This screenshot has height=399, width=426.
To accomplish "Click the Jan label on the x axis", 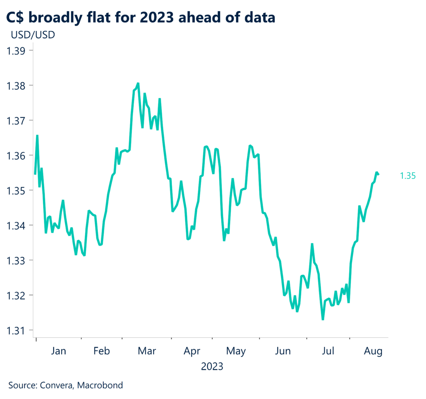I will click(58, 351).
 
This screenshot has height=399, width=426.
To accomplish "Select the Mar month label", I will click(146, 351).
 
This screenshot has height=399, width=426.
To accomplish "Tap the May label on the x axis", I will click(236, 351).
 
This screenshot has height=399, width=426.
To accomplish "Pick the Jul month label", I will click(329, 351).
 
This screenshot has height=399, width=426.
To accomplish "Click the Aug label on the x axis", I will click(373, 351).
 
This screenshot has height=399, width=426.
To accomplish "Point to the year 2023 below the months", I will click(212, 367).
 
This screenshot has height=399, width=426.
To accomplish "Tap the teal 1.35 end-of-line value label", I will click(408, 176).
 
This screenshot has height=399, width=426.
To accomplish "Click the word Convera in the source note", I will click(56, 385).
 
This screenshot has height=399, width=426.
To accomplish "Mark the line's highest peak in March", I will click(138, 83).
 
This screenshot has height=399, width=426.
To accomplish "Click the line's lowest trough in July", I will click(323, 319).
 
